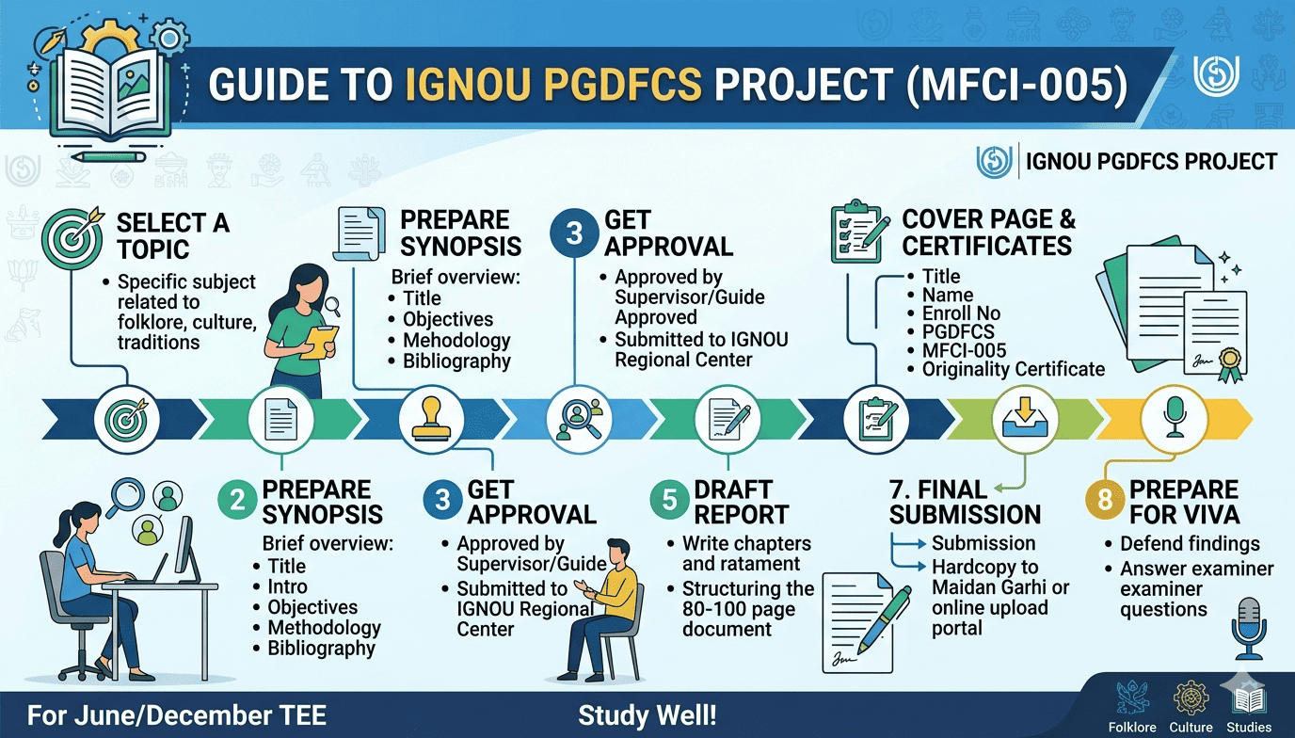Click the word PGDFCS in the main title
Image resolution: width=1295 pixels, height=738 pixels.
(552, 86)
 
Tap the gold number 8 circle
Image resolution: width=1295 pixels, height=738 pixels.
(1103, 501)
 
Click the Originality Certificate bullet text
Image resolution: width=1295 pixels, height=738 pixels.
(1013, 369)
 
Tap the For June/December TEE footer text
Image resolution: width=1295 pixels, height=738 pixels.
(177, 715)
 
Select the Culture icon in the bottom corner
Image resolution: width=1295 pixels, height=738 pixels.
(1191, 700)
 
